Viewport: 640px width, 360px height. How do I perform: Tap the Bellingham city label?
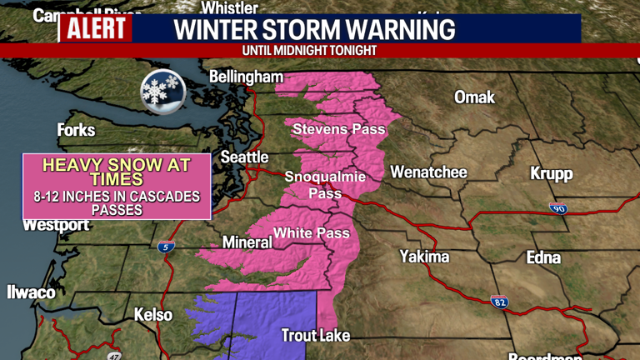(246, 77)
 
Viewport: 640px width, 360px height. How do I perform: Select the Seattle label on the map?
(244, 157)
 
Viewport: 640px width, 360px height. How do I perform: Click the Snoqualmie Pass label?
(313, 184)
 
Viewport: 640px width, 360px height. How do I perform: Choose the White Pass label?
(312, 232)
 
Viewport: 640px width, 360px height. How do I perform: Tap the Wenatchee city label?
(428, 172)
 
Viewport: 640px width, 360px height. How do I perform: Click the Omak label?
(474, 97)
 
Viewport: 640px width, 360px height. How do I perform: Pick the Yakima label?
(424, 256)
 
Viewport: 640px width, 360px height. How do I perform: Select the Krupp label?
(552, 173)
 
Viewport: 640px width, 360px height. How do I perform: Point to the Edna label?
(544, 257)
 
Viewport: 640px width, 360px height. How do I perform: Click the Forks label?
(76, 130)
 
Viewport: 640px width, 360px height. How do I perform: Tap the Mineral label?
(247, 242)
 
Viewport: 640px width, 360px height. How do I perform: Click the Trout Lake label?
(315, 336)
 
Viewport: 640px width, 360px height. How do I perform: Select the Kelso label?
(153, 315)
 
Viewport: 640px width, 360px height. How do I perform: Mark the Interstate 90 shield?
(558, 208)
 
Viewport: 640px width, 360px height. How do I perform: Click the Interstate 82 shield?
(499, 302)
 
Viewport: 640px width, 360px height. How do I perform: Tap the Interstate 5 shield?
(166, 247)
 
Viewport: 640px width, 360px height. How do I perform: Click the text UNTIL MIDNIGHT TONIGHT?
(309, 51)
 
